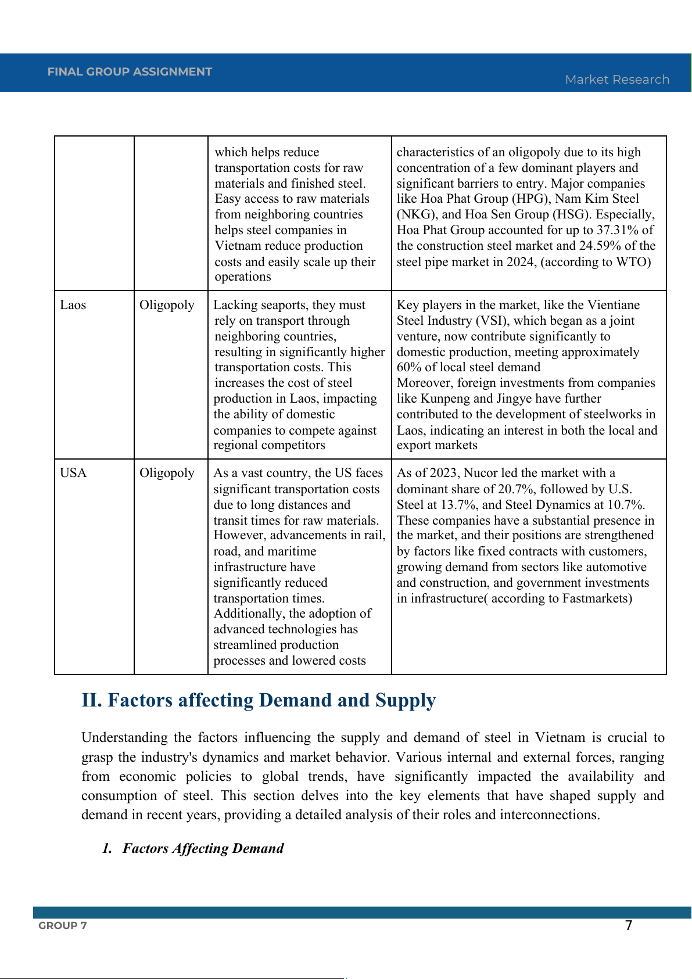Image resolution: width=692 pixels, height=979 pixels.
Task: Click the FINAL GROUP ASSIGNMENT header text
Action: click(x=130, y=72)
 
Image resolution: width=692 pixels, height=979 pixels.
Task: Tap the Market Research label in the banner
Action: click(x=617, y=80)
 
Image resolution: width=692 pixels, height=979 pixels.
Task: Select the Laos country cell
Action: click(x=73, y=305)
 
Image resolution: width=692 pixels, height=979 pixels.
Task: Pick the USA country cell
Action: click(x=73, y=473)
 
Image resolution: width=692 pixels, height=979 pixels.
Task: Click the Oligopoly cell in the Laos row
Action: click(x=167, y=305)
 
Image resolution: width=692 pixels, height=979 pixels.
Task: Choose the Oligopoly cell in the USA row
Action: click(x=167, y=473)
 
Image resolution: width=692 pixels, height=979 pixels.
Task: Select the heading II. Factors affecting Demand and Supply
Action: click(x=259, y=701)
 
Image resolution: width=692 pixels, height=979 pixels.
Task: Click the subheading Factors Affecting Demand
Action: click(x=203, y=848)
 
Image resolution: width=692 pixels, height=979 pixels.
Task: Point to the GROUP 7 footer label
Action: click(x=63, y=926)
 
